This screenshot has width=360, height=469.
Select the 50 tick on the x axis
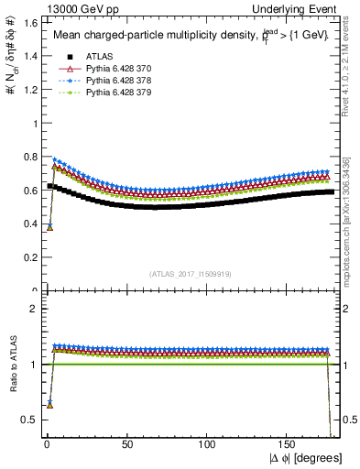125,445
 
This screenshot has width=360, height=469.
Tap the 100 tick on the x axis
208,445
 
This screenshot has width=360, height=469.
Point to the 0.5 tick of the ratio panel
29,420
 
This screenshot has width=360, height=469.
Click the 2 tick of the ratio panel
33,309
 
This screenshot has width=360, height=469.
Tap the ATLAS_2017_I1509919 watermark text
190,273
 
